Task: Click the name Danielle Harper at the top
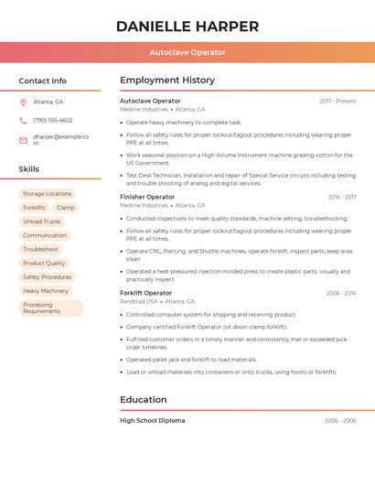point(187,27)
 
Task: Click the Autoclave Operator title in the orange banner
point(187,52)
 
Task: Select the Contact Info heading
point(42,81)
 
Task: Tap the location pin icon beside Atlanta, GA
point(23,102)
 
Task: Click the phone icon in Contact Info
point(23,120)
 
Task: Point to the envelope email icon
point(23,139)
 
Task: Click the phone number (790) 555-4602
point(52,120)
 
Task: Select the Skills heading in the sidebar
point(28,169)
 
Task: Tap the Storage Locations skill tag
point(47,194)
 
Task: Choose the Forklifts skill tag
point(34,208)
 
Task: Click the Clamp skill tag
point(66,208)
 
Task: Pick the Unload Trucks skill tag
point(42,221)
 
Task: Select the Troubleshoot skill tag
point(40,249)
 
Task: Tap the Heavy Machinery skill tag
point(46,291)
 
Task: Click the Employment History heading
point(167,81)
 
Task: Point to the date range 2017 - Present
point(337,101)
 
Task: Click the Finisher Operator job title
point(147,197)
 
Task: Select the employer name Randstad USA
point(139,301)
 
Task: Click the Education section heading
point(144,400)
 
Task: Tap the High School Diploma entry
point(152,421)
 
